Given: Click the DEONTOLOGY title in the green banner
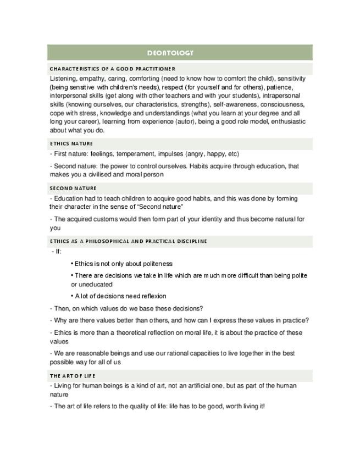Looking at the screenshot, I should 170,53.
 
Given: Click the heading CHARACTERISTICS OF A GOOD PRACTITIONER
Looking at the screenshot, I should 113,69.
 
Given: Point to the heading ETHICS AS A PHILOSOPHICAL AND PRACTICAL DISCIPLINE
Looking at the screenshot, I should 129,241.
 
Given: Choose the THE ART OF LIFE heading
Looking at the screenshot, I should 73,376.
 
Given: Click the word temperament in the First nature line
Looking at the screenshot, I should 131,154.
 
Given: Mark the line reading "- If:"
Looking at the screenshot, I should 56,252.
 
